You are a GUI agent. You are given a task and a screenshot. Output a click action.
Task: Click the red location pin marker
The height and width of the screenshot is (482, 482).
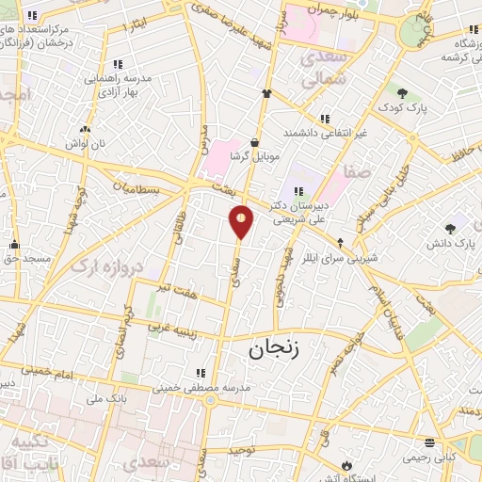[x=241, y=221]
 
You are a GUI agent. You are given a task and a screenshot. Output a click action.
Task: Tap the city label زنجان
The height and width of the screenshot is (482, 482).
[x=273, y=350]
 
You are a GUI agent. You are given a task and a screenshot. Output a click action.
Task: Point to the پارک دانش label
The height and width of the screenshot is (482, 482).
[x=453, y=243]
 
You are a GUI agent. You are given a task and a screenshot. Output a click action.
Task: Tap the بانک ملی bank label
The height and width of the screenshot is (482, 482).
[x=105, y=398]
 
